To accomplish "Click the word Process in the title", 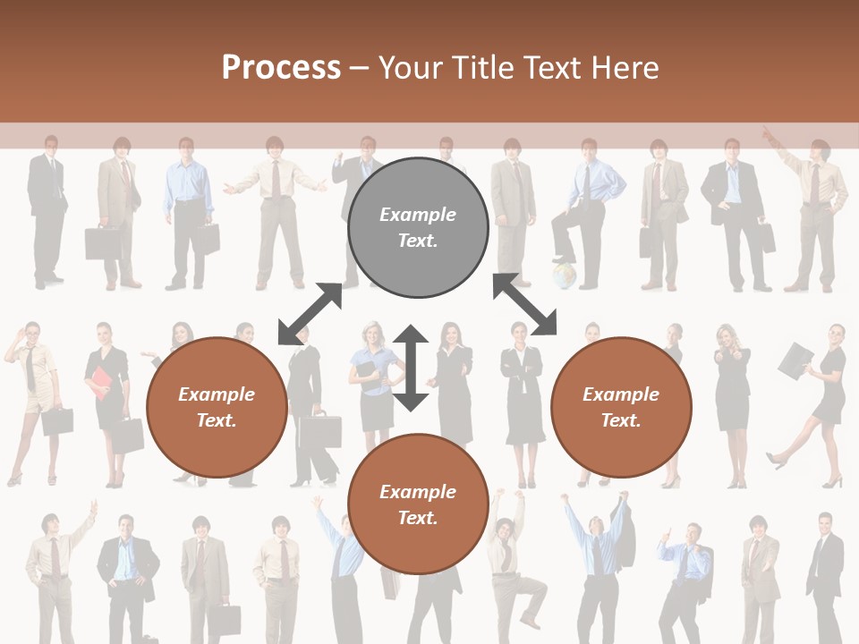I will pyautogui.click(x=281, y=67).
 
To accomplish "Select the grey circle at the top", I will pyautogui.click(x=418, y=227).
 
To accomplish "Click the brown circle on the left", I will pyautogui.click(x=217, y=407).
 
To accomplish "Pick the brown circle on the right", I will pyautogui.click(x=621, y=407).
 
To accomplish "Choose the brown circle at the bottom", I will pyautogui.click(x=418, y=504).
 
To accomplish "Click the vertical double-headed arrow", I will pyautogui.click(x=411, y=368).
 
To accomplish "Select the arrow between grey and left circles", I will pyautogui.click(x=310, y=313).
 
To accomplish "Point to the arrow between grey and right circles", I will pyautogui.click(x=525, y=305).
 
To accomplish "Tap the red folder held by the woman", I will pyautogui.click(x=98, y=384).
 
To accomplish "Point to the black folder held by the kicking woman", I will pyautogui.click(x=795, y=359).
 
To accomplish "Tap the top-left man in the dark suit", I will pyautogui.click(x=47, y=210).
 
